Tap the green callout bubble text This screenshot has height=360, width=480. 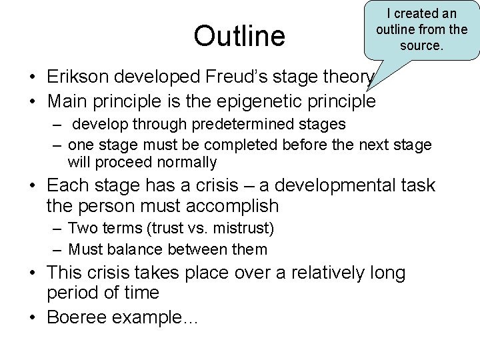(421, 30)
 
